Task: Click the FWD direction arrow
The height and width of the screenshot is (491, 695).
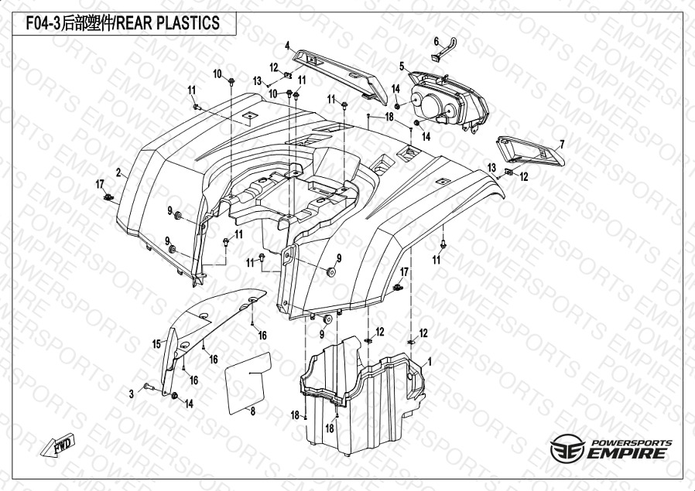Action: point(57,445)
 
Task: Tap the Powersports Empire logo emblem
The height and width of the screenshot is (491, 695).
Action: point(567,448)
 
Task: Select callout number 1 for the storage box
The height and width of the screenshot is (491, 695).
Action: point(429,363)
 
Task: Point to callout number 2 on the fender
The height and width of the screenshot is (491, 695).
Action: point(118,172)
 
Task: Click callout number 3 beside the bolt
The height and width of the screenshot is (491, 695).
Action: point(132,394)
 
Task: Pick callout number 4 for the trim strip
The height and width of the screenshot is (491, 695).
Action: point(287,46)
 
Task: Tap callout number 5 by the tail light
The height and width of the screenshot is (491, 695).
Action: point(402,66)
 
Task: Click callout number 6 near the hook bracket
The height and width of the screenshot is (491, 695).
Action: point(437,42)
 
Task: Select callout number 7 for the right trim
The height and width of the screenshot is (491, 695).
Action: point(562,145)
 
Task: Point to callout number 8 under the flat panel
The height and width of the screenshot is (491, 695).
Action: point(252,411)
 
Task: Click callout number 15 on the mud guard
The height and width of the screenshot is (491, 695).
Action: point(156,344)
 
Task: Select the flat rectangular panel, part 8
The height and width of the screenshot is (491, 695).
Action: point(248,383)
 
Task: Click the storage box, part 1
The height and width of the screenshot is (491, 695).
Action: point(361,395)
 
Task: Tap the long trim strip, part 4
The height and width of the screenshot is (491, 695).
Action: point(339,75)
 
